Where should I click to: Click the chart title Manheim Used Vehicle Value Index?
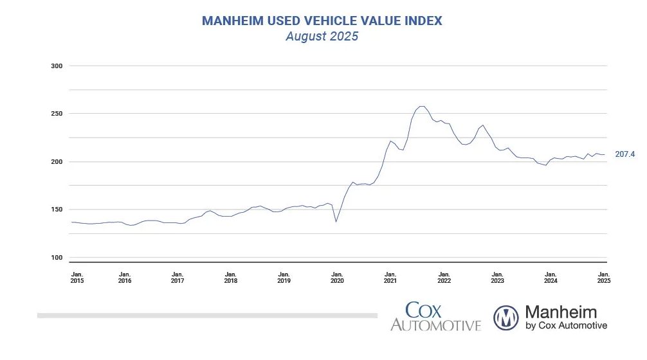[x=322, y=21]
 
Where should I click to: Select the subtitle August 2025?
[x=322, y=37]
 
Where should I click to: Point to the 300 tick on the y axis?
[x=57, y=66]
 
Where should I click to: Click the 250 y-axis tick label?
[x=57, y=114]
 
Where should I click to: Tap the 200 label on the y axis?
[x=57, y=161]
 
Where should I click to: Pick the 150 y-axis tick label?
[x=57, y=210]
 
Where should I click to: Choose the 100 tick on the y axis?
[x=57, y=258]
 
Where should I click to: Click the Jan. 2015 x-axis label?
[x=77, y=277]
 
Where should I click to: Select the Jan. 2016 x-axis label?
[x=125, y=277]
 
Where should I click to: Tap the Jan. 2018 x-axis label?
[x=230, y=277]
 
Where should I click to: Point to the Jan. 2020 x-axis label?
[x=337, y=277]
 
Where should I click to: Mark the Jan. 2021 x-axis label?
[x=390, y=277]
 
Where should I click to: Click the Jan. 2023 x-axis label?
[x=497, y=277]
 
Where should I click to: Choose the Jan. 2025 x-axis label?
[x=603, y=277]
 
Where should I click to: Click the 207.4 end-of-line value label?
[x=624, y=154]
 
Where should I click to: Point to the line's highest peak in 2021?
[x=422, y=106]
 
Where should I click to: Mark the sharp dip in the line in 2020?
[x=336, y=222]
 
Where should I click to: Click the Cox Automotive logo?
[x=435, y=317]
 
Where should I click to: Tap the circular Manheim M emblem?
[x=507, y=317]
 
